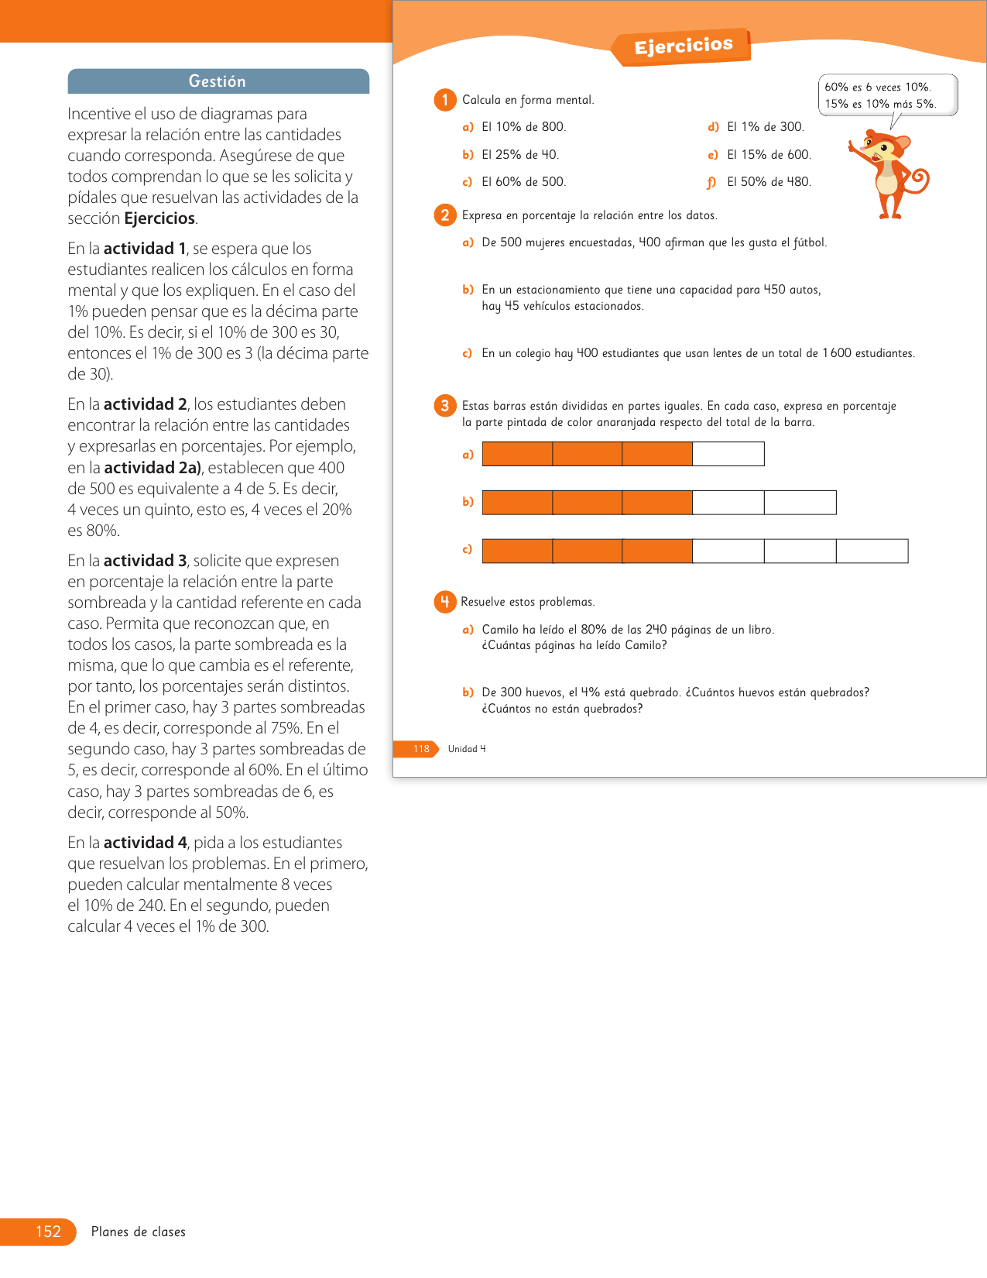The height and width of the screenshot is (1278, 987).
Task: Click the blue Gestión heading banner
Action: [x=218, y=81]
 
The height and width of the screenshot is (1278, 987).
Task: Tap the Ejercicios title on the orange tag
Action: [x=683, y=46]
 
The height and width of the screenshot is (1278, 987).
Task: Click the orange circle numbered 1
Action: [x=445, y=100]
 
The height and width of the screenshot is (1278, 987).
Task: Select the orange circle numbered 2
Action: [x=445, y=215]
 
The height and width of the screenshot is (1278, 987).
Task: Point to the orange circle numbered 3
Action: [x=445, y=406]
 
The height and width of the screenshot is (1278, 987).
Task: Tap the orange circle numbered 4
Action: [x=445, y=602]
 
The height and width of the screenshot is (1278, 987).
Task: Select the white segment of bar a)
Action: [x=728, y=454]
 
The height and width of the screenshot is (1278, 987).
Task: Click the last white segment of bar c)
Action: [x=872, y=551]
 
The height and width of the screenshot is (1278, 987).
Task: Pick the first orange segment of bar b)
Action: [x=517, y=503]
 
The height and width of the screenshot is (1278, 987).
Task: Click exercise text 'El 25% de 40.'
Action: [x=520, y=155]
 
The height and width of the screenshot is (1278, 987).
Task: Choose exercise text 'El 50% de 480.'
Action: [x=769, y=182]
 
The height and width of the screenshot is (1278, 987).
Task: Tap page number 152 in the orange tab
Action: [x=48, y=1232]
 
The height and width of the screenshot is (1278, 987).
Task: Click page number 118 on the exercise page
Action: [x=421, y=749]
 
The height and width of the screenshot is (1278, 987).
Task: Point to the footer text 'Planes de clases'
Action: [x=138, y=1232]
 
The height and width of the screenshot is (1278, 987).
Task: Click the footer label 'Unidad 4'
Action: [x=467, y=749]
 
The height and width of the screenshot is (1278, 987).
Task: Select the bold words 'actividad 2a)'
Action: [x=153, y=468]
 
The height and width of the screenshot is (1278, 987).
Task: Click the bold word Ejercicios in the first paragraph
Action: [x=159, y=218]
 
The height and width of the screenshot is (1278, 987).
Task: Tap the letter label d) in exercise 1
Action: [x=713, y=127]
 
